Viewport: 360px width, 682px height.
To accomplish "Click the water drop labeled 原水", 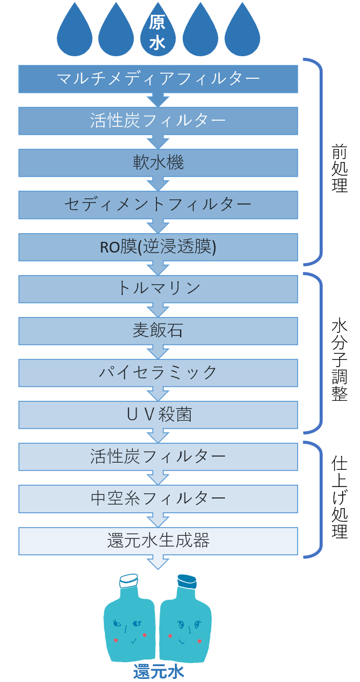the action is coord(157,31).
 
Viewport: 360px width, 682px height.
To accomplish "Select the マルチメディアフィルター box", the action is coord(158,79).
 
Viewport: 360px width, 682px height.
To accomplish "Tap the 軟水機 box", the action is coord(158,163).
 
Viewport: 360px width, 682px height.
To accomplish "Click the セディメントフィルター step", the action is coord(158,205).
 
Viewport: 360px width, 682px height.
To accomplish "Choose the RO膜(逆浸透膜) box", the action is coord(158,247).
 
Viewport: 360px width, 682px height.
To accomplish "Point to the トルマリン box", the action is coord(158,289).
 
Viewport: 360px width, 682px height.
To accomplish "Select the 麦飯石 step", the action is coord(158,331).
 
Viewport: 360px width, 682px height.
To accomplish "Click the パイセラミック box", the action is coord(158,373).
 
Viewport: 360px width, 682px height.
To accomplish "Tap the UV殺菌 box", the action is coord(158,415).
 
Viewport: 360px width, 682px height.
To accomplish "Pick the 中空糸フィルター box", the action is coord(158,499).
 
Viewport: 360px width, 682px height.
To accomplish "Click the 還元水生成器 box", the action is coord(158,541).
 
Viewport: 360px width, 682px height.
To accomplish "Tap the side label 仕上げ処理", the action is coord(339,497).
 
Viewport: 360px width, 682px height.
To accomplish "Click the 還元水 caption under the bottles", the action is coord(159,672).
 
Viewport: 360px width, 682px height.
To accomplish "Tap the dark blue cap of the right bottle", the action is coord(187,581).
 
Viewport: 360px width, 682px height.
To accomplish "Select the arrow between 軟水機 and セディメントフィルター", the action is coord(158,184).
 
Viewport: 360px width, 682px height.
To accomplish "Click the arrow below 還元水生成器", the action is coord(158,562).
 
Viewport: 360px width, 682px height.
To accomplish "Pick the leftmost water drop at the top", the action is coord(75,31).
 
